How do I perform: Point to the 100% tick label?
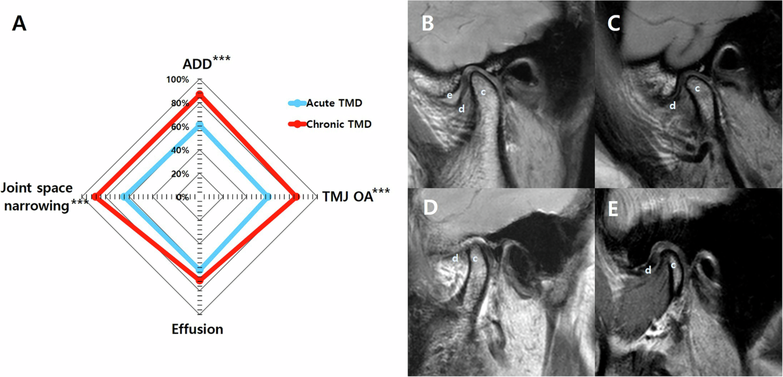pyautogui.click(x=177, y=80)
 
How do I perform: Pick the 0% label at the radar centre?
pyautogui.click(x=183, y=197)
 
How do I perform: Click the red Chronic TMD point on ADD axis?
pyautogui.click(x=200, y=95)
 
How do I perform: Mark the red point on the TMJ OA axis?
pyautogui.click(x=296, y=196)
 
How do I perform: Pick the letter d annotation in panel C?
pyautogui.click(x=672, y=104)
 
